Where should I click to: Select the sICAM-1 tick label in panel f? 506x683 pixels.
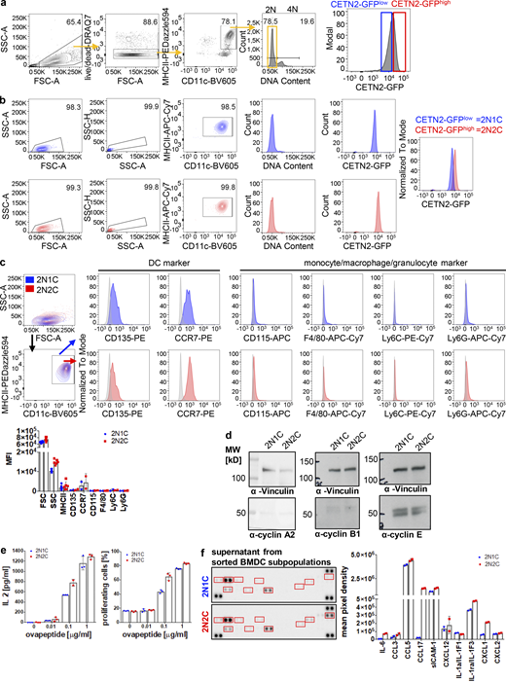coord(429,665)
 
